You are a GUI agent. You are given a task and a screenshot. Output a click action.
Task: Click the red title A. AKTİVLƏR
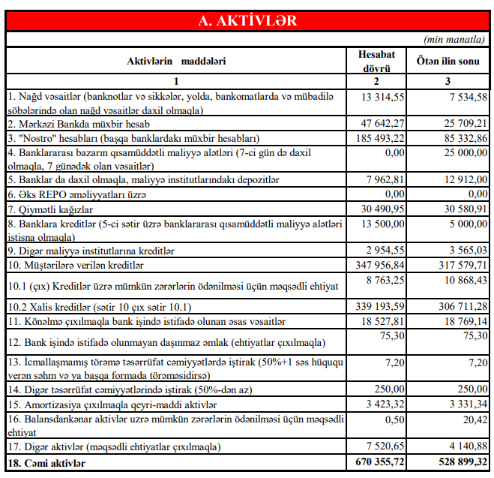[x=247, y=20]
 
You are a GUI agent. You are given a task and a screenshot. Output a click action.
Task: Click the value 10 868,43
[x=459, y=279]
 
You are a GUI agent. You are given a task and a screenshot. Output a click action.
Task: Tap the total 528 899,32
[x=455, y=464]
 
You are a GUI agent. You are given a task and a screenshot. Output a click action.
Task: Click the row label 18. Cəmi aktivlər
[x=46, y=464]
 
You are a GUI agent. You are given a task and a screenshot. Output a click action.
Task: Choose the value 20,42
[x=469, y=419]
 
